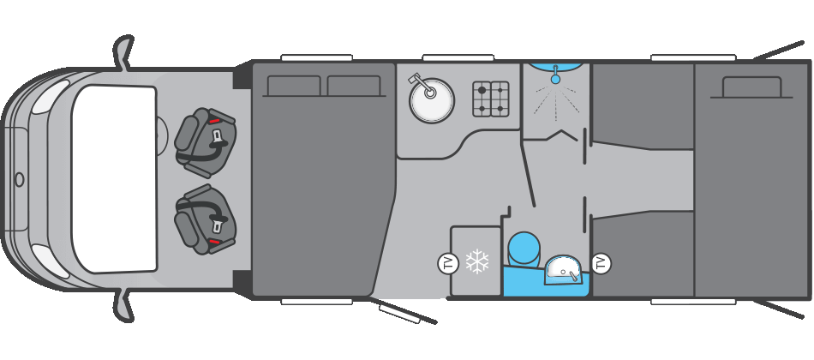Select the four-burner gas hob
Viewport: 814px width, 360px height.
[491, 99]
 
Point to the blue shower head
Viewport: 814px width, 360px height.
[555, 79]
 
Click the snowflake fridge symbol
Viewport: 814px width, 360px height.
[477, 261]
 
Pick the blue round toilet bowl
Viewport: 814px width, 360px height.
[524, 249]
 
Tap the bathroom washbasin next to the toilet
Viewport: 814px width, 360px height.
[563, 269]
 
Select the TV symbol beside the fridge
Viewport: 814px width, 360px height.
[448, 263]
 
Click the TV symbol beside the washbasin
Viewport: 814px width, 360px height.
[601, 263]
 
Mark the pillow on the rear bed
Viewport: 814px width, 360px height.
[751, 87]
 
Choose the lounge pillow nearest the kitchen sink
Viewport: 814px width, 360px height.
[354, 86]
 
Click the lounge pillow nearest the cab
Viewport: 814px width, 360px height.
[294, 86]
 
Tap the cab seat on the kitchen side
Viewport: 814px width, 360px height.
[205, 141]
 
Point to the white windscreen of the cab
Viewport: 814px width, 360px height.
[114, 178]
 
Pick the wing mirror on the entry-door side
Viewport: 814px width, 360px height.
[124, 304]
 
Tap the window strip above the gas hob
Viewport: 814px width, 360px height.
[458, 58]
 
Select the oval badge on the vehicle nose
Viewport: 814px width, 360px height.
[19, 179]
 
